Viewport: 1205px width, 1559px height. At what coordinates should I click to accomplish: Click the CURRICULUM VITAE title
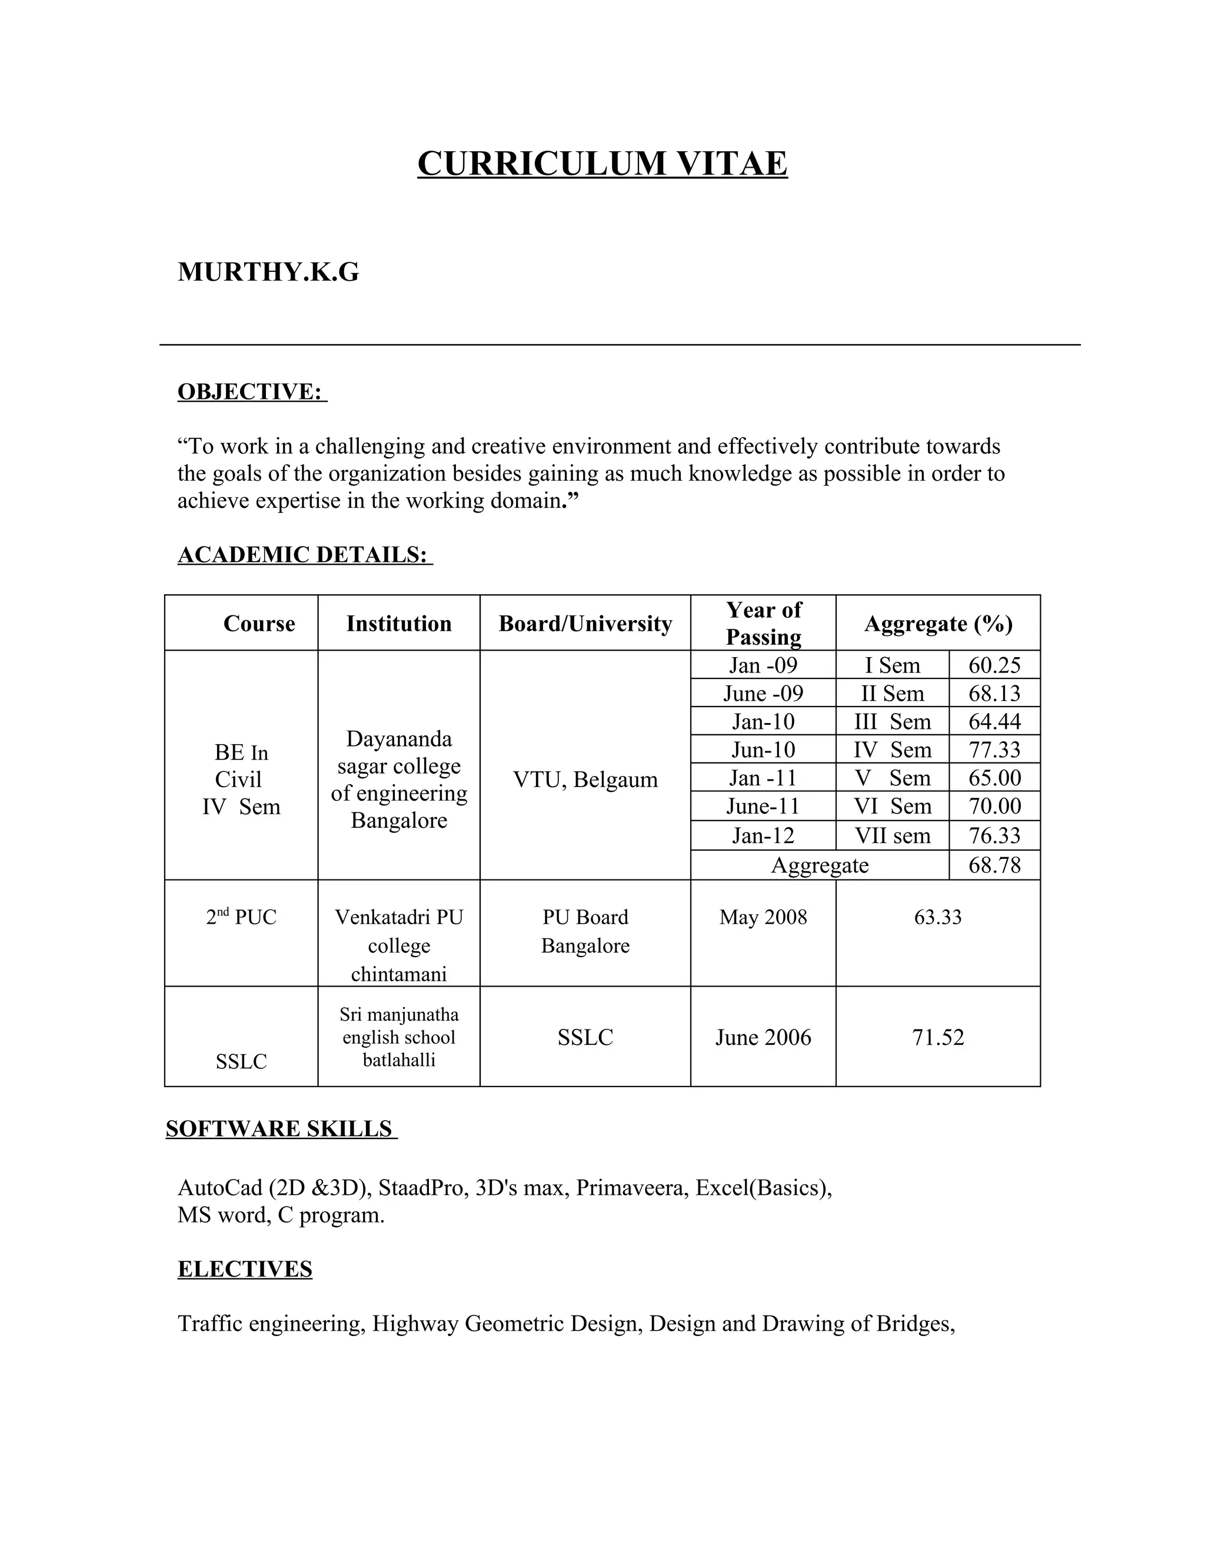(602, 164)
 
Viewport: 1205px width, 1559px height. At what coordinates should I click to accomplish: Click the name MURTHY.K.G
(268, 272)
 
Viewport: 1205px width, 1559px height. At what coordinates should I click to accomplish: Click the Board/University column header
(585, 623)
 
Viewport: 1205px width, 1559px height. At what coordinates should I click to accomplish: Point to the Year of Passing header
(763, 623)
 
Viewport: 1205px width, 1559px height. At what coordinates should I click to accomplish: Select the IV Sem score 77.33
(994, 749)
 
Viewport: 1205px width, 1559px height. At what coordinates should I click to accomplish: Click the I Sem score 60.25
(994, 665)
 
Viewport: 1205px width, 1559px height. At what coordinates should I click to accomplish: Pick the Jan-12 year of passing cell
(763, 835)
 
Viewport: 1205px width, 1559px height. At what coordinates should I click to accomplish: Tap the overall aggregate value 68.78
(994, 865)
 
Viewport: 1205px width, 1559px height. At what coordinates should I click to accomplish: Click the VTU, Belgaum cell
(585, 780)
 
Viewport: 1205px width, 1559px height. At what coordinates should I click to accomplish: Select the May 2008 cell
(763, 917)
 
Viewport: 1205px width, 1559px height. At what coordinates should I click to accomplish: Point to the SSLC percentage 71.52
(937, 1037)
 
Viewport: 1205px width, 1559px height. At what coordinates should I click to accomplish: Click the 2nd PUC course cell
(241, 917)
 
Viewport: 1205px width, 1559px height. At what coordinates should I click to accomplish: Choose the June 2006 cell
(763, 1037)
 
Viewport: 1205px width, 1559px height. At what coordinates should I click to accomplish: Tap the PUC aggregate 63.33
(937, 917)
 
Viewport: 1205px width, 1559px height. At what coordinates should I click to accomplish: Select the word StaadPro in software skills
(422, 1188)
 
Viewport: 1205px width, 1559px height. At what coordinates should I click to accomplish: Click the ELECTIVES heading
(244, 1269)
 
